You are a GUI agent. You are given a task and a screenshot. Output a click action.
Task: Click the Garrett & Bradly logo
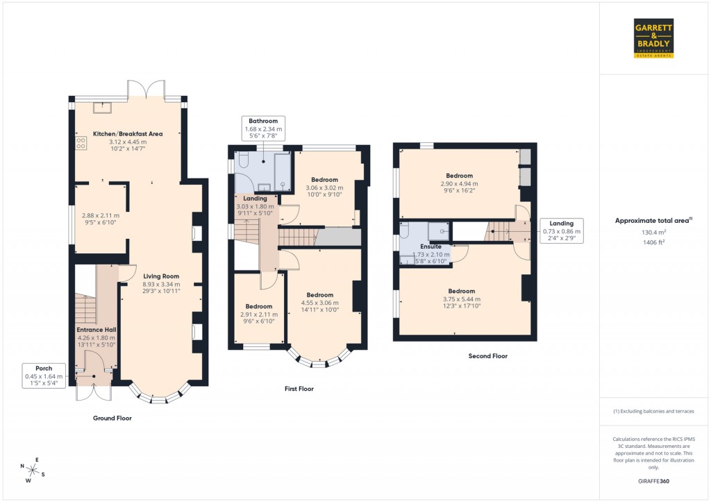click(x=653, y=38)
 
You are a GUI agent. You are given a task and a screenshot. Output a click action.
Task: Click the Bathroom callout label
click(x=262, y=128)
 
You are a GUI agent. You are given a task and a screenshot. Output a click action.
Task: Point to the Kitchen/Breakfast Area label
click(x=128, y=133)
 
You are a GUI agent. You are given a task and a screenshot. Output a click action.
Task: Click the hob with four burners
click(x=81, y=143)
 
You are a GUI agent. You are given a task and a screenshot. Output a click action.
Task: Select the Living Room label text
click(x=161, y=276)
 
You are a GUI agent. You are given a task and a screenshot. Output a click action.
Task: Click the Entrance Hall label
click(x=96, y=330)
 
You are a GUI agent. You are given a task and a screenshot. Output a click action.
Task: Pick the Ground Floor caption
click(x=112, y=419)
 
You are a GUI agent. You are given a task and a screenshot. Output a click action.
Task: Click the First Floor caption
click(x=299, y=390)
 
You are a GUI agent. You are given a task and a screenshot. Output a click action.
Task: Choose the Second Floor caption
click(x=487, y=356)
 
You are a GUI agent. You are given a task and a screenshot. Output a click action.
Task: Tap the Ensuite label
click(x=430, y=246)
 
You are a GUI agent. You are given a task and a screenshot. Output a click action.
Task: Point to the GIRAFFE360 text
click(x=653, y=481)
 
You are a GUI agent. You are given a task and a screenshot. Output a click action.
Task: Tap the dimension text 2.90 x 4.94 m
click(x=460, y=183)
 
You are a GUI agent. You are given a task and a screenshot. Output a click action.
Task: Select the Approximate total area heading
click(x=653, y=221)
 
